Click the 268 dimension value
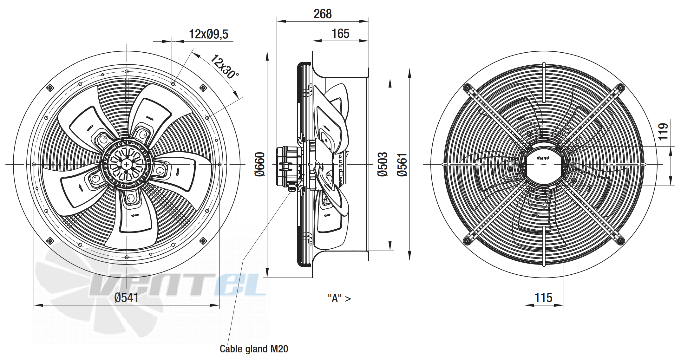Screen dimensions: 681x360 323,14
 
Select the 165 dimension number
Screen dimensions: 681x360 340,34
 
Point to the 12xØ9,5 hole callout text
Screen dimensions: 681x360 208,34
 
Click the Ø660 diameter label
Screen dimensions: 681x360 260,164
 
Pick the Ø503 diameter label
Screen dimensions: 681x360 383,164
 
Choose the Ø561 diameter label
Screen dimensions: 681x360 402,165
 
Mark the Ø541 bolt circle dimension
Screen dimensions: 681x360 126,298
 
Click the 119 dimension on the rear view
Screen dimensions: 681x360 663,131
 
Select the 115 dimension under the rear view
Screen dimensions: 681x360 543,298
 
